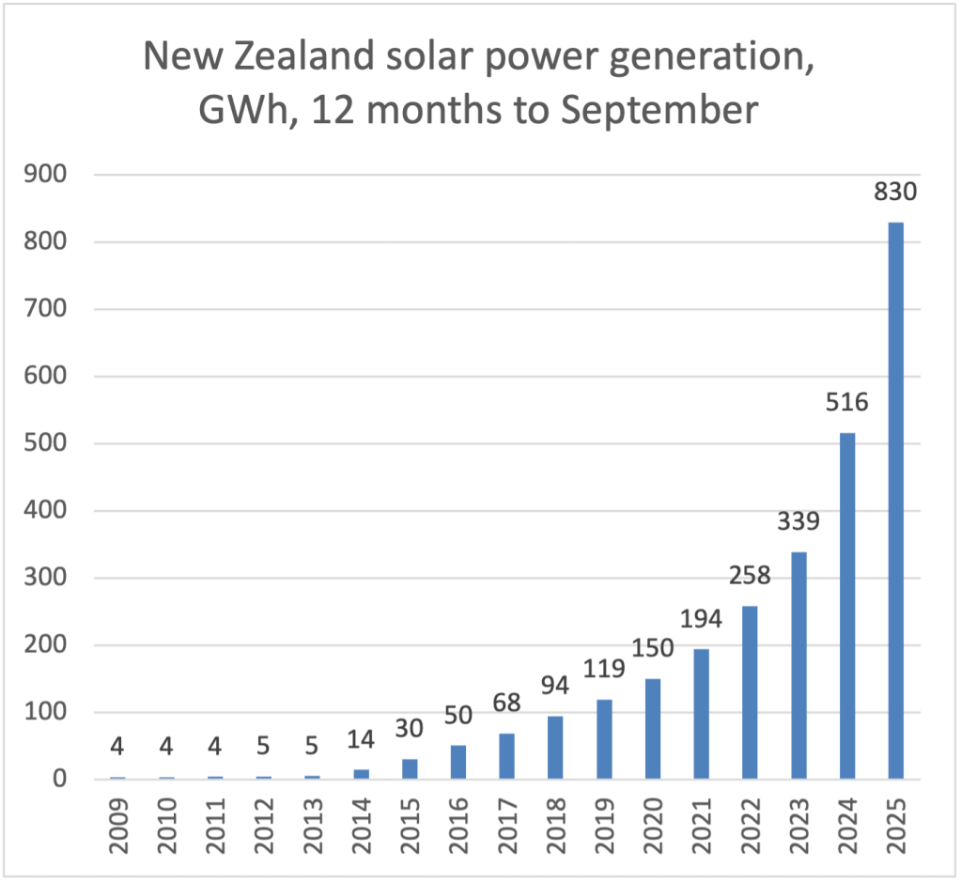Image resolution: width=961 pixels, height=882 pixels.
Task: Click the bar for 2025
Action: pyautogui.click(x=895, y=501)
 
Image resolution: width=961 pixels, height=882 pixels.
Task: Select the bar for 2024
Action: pyautogui.click(x=846, y=606)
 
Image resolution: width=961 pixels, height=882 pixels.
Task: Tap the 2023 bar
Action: pyautogui.click(x=798, y=665)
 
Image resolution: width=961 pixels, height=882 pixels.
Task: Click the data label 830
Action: pyautogui.click(x=895, y=193)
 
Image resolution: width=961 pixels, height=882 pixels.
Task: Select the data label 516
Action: pyautogui.click(x=846, y=404)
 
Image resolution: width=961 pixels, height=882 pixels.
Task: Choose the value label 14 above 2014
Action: pyautogui.click(x=362, y=739)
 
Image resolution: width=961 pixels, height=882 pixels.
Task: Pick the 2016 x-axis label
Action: pyautogui.click(x=458, y=824)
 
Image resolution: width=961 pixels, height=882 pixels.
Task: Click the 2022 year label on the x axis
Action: pyautogui.click(x=750, y=824)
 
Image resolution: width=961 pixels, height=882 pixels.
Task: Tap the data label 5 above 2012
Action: pyautogui.click(x=265, y=747)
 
